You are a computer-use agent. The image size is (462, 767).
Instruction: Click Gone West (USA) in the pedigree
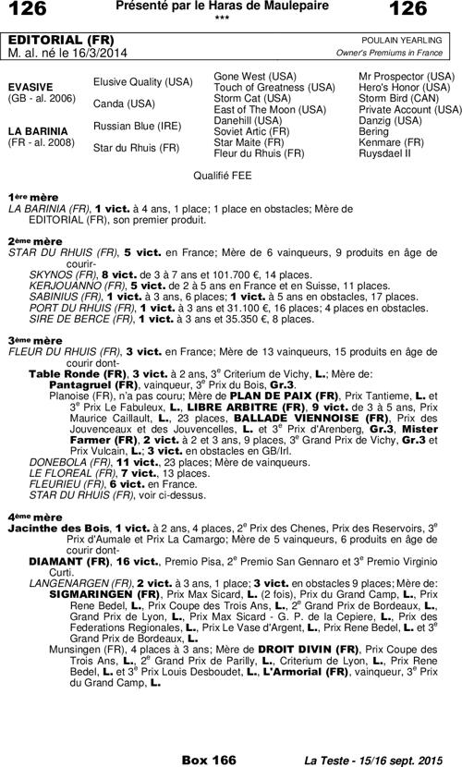[255, 75]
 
